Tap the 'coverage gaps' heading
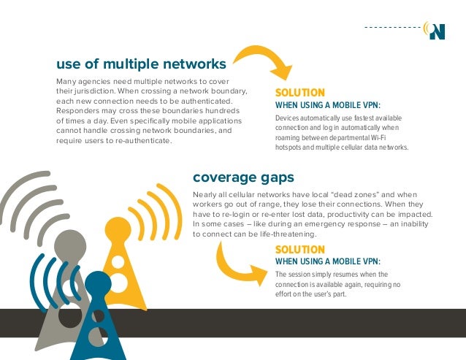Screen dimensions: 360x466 (243, 177)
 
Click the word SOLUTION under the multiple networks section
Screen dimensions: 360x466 (299, 93)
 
